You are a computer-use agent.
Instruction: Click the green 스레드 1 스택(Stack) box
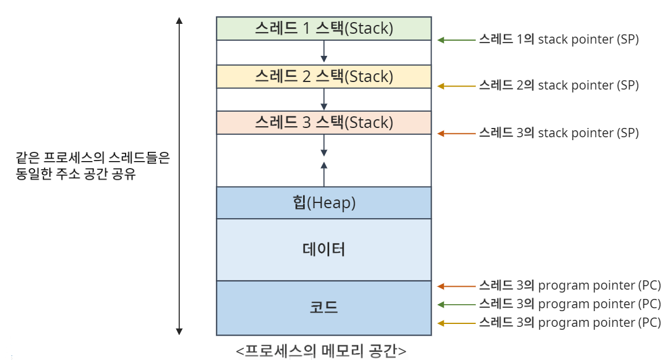click(323, 28)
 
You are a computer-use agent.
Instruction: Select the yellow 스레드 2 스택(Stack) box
click(323, 76)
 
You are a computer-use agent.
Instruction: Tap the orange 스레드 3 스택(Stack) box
click(323, 123)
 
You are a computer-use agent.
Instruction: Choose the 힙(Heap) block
click(323, 202)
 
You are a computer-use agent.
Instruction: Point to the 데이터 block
click(323, 249)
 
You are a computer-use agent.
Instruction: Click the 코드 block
click(323, 308)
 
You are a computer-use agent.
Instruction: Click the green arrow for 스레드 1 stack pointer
click(456, 40)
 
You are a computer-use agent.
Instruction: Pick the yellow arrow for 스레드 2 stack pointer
click(456, 86)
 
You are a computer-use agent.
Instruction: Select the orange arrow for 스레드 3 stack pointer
click(456, 133)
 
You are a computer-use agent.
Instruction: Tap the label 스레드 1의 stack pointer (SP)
click(558, 40)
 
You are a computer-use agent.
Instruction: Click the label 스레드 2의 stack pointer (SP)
click(558, 85)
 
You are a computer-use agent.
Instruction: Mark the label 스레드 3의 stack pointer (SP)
click(558, 133)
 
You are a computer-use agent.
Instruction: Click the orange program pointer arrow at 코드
click(456, 286)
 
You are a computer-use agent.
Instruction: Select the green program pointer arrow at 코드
click(456, 304)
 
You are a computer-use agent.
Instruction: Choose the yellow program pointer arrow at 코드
click(456, 323)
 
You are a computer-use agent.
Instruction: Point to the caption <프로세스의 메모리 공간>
click(321, 351)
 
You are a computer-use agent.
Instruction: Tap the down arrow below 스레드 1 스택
click(324, 52)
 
